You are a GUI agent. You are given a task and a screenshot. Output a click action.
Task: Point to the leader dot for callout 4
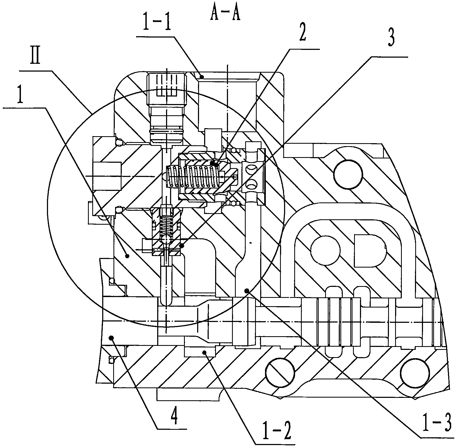[112, 337]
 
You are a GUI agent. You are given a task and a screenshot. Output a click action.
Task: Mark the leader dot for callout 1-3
[247, 291]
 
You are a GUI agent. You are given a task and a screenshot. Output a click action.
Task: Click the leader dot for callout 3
[182, 245]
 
